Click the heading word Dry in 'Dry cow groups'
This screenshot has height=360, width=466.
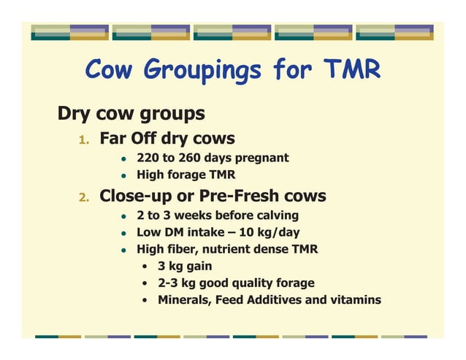74,115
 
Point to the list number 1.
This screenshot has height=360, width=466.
84,139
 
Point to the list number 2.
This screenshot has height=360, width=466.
84,197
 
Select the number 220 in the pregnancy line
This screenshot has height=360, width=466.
148,158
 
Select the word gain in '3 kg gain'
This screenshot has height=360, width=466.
198,267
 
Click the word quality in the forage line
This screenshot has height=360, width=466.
251,283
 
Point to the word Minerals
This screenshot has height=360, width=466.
183,300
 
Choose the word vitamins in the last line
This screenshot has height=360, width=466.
355,300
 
